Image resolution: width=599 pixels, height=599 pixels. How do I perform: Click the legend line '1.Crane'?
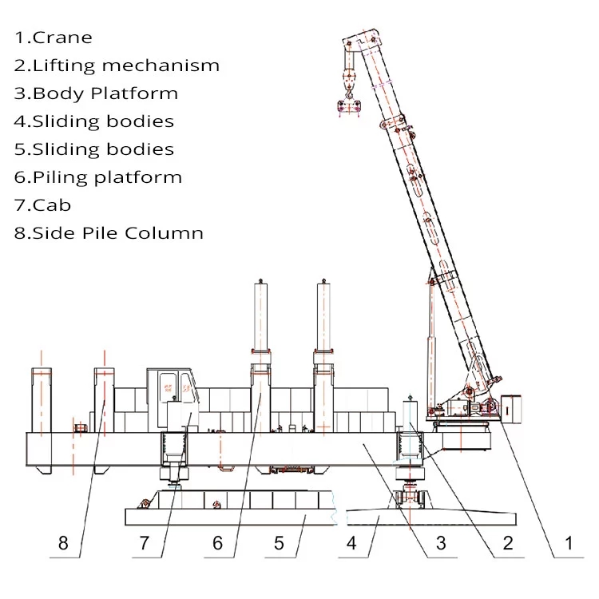(54, 38)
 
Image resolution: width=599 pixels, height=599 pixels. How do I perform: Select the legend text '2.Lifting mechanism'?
(117, 65)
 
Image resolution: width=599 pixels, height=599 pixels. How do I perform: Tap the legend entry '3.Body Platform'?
(97, 93)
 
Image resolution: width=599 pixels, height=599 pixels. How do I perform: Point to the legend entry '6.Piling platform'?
(98, 177)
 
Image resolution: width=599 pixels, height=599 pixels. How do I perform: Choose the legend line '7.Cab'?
(43, 205)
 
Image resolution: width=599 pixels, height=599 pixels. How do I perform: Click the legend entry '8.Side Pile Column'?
(109, 233)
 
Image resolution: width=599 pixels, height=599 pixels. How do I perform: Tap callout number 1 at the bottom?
(569, 543)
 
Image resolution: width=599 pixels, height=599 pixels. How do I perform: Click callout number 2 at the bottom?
(508, 543)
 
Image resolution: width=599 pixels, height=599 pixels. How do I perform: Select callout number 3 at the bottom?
(441, 543)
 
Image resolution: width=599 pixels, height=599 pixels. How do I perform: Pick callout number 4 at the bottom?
(351, 543)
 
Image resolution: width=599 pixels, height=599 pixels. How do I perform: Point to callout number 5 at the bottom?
(279, 543)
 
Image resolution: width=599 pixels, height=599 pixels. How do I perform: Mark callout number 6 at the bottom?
(217, 543)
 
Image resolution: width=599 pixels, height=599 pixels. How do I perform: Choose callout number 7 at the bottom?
(144, 543)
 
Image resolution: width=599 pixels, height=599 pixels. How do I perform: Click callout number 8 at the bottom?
(63, 543)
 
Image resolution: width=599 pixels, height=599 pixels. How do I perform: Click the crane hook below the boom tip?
(349, 92)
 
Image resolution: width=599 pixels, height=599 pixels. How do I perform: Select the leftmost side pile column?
(42, 420)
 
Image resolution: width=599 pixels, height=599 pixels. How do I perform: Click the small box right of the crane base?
(511, 409)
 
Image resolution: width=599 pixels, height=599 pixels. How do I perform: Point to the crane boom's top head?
(361, 39)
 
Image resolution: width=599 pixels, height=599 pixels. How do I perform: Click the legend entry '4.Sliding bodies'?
(94, 121)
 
